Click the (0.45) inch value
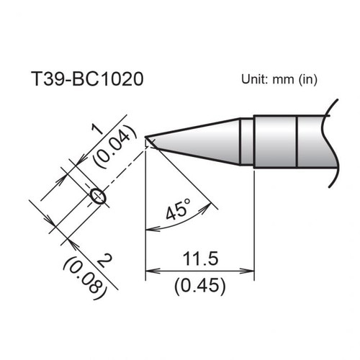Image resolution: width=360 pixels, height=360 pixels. point(201,285)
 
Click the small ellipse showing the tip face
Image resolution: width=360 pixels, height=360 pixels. point(97,195)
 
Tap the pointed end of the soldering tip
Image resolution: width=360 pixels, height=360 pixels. point(147,137)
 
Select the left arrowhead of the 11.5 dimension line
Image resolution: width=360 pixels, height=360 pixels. point(150,272)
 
